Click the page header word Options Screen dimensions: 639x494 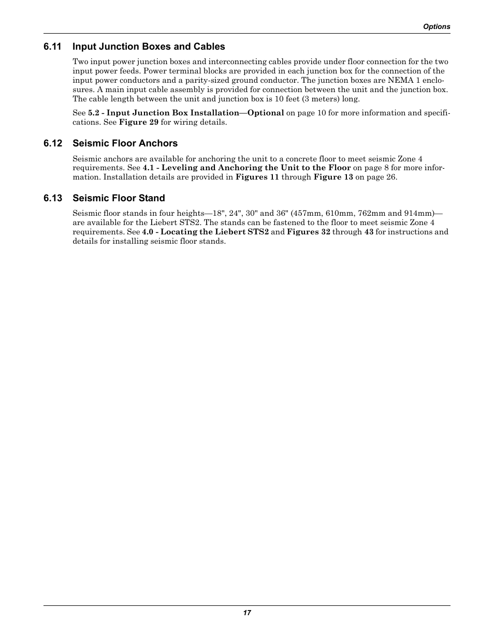437,27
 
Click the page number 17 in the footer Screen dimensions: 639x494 247,613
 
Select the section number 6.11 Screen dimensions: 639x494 53,47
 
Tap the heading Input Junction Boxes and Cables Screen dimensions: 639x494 149,47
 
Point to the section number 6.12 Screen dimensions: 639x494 53,143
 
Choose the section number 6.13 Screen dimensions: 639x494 53,198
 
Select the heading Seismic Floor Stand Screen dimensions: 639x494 119,198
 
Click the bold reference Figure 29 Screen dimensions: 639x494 138,123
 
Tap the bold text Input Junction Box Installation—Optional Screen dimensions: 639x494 195,113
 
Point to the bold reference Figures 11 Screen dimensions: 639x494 257,177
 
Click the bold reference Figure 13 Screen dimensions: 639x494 333,177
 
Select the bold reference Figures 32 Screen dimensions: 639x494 308,232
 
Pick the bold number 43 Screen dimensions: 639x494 369,232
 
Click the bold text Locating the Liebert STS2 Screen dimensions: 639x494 214,232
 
